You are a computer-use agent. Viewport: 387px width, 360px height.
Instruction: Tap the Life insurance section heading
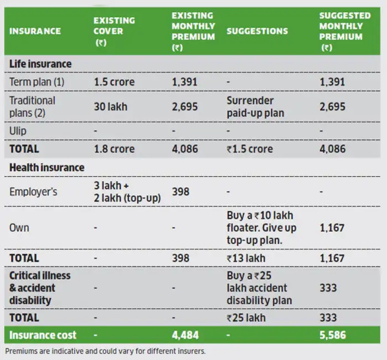pyautogui.click(x=40, y=64)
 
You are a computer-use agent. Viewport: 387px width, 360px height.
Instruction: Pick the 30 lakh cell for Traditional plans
pyautogui.click(x=110, y=106)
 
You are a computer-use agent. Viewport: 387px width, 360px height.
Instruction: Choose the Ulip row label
pyautogui.click(x=18, y=131)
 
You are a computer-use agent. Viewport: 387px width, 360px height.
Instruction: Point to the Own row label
pyautogui.click(x=19, y=227)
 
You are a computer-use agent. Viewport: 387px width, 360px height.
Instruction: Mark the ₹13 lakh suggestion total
pyautogui.click(x=246, y=258)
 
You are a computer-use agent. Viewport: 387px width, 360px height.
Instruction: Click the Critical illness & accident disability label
pyautogui.click(x=40, y=288)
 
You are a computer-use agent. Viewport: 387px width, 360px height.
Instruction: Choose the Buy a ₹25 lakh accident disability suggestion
pyautogui.click(x=259, y=288)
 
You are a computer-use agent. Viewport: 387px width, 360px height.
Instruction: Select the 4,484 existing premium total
pyautogui.click(x=185, y=335)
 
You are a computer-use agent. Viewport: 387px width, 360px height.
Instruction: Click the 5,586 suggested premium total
pyautogui.click(x=333, y=335)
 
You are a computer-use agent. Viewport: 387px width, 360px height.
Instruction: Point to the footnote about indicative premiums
pyautogui.click(x=105, y=351)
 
